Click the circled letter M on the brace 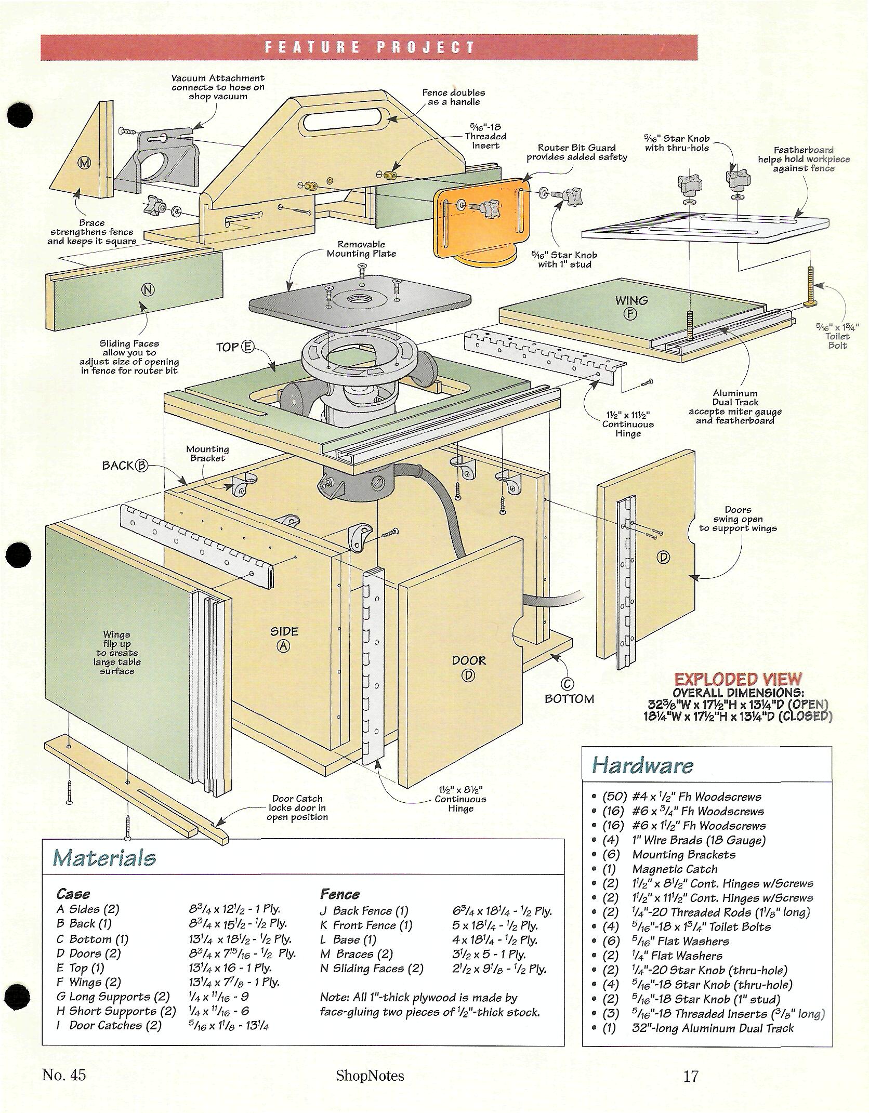84,163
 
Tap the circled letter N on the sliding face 148,290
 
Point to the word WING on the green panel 631,300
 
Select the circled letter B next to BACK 141,466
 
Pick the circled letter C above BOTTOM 568,683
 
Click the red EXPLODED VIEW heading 738,679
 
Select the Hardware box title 642,765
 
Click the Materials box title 104,857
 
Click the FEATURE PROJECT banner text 370,48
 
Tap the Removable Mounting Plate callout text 361,249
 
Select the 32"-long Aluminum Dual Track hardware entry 713,1028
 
